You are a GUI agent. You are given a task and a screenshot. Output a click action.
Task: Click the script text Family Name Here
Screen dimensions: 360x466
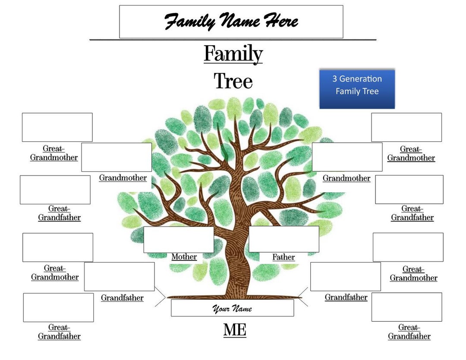click(x=231, y=21)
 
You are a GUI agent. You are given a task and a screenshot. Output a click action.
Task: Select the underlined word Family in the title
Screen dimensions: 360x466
click(x=233, y=54)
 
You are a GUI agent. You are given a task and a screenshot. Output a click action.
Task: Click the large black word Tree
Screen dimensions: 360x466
click(x=233, y=81)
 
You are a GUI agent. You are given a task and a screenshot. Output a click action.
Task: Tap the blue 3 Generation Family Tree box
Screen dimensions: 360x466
click(x=357, y=88)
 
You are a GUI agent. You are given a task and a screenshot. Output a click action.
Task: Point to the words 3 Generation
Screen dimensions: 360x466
click(x=357, y=79)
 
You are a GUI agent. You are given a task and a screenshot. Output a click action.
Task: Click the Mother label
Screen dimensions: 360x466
click(x=184, y=257)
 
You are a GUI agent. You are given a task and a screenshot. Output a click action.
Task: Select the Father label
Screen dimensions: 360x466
click(x=283, y=257)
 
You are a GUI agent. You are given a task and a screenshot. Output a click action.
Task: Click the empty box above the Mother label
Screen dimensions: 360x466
click(x=179, y=240)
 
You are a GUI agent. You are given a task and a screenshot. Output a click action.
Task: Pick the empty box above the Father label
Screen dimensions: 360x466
click(x=284, y=239)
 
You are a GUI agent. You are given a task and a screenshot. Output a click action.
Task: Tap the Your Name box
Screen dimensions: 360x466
click(x=232, y=308)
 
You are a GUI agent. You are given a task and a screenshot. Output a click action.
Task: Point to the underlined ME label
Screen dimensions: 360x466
click(x=235, y=330)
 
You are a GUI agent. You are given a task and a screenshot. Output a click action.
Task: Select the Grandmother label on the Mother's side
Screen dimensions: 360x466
click(x=123, y=178)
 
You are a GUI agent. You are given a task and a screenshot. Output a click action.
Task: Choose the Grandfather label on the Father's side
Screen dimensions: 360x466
click(x=346, y=297)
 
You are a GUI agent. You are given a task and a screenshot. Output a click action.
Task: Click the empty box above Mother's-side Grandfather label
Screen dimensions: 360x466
click(x=119, y=277)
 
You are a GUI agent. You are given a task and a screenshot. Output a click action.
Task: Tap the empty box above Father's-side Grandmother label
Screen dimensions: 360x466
click(x=347, y=157)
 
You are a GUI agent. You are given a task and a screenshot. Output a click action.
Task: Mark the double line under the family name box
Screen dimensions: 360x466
click(x=233, y=40)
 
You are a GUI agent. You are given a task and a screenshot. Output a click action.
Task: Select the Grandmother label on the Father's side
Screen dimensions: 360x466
click(x=346, y=178)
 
